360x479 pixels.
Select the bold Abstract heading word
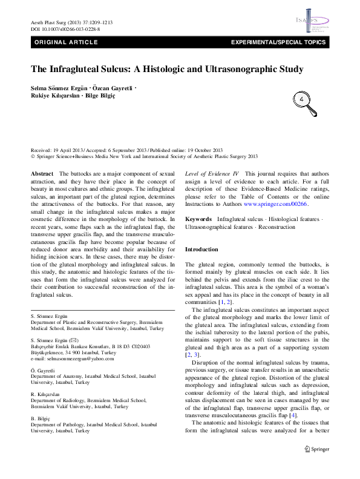tap(42, 174)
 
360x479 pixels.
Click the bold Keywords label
tap(198, 218)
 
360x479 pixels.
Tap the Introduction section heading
tap(201, 249)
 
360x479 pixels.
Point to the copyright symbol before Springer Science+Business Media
tap(33, 156)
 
